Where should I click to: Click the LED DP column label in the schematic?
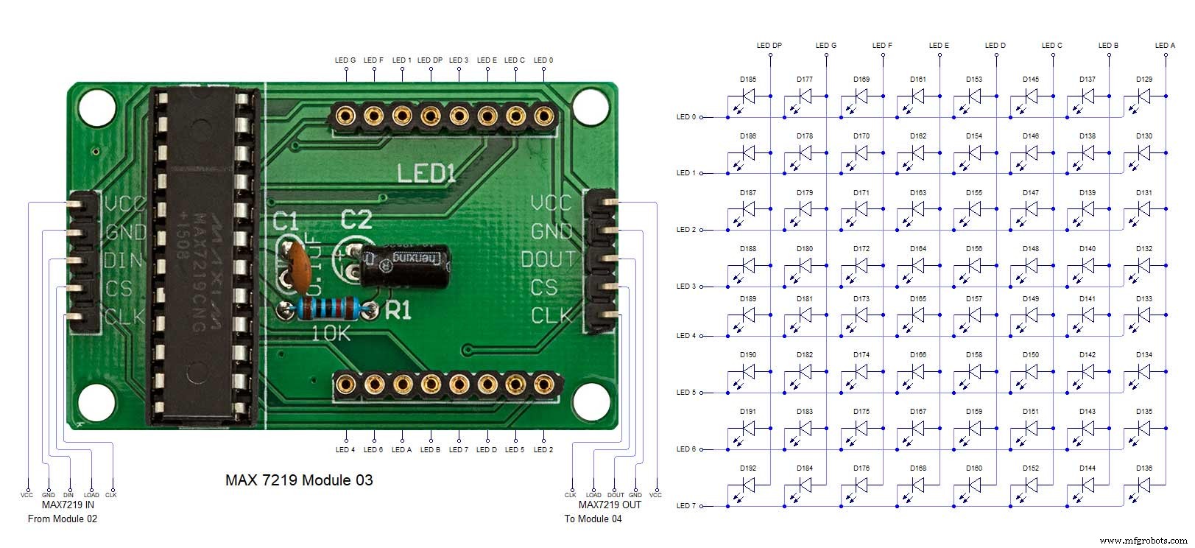[769, 46]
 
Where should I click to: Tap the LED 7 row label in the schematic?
[685, 506]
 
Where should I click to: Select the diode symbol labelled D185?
[747, 95]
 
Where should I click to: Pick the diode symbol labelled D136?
[1143, 485]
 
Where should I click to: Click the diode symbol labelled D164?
[917, 265]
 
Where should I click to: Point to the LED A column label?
[1165, 46]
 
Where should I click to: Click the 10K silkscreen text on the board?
[332, 334]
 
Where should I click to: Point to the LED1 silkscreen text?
[427, 174]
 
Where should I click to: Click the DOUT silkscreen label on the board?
[548, 259]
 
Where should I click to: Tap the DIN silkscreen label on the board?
[124, 260]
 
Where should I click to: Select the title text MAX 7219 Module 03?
[299, 480]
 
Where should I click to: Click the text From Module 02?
[63, 519]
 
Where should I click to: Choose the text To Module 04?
[593, 519]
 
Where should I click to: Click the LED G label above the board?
[345, 60]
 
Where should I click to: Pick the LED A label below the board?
[401, 449]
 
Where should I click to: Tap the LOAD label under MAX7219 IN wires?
[91, 495]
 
